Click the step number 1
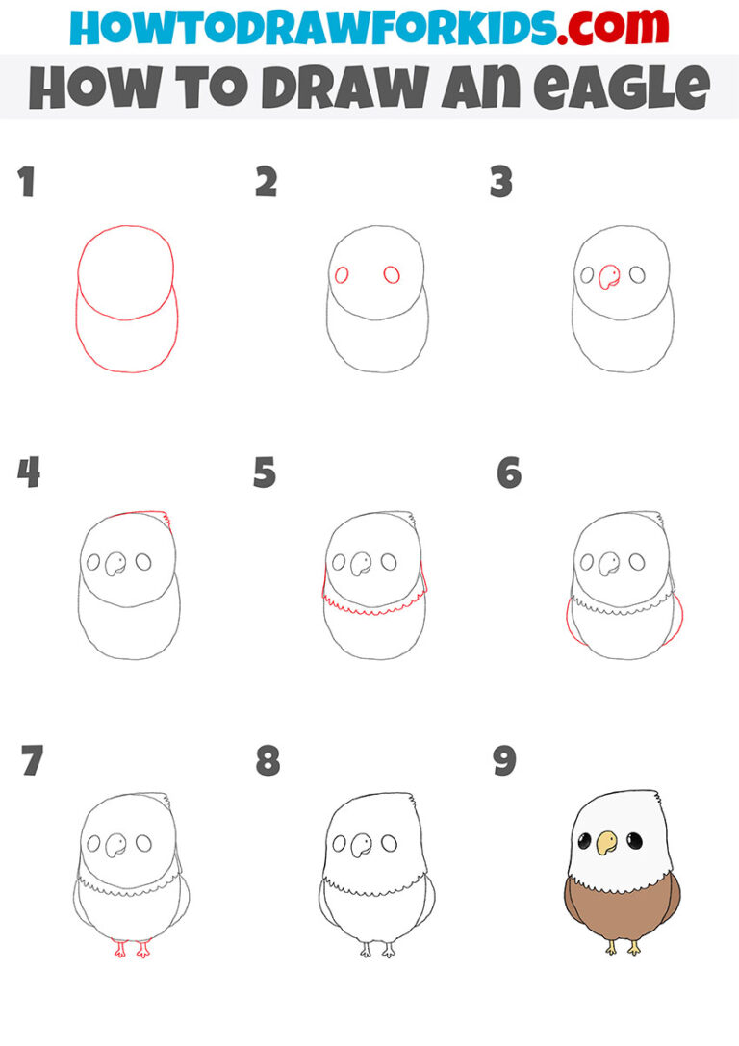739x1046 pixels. [x=27, y=183]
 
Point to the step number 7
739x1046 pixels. [x=32, y=761]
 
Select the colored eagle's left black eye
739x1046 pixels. [x=584, y=842]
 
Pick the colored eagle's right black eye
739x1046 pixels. [x=633, y=842]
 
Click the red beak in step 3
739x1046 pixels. [x=608, y=278]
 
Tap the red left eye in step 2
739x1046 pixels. [x=342, y=275]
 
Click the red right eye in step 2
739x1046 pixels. [x=392, y=275]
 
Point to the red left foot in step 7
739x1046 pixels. [x=120, y=949]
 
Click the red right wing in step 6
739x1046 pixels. [x=679, y=620]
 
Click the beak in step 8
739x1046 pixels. [x=362, y=845]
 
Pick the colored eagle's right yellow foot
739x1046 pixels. [x=635, y=949]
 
